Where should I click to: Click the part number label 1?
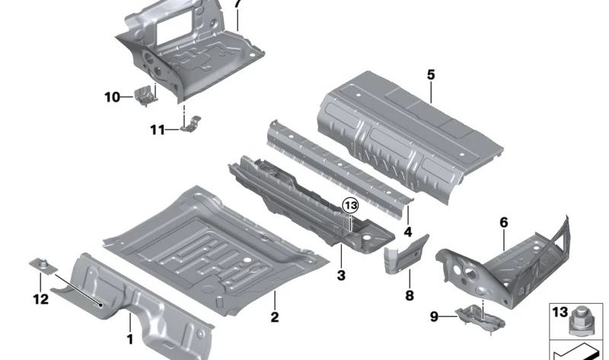(130, 339)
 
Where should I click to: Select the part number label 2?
(275, 317)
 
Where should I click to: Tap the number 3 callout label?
(341, 276)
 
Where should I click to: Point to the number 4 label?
(408, 232)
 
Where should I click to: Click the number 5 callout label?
(431, 75)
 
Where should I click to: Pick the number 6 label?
(503, 222)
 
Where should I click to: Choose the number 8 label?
(410, 295)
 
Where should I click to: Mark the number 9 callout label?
(434, 317)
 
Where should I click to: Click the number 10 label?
(112, 97)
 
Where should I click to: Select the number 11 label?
(158, 129)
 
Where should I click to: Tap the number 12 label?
(41, 299)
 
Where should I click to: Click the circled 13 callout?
(350, 205)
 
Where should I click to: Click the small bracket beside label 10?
(145, 96)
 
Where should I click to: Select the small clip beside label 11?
(191, 124)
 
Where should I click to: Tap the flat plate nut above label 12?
(43, 266)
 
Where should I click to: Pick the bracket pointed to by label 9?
(480, 316)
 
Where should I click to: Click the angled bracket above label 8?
(406, 253)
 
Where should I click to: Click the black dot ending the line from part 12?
(101, 305)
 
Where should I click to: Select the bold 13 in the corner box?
(560, 312)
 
